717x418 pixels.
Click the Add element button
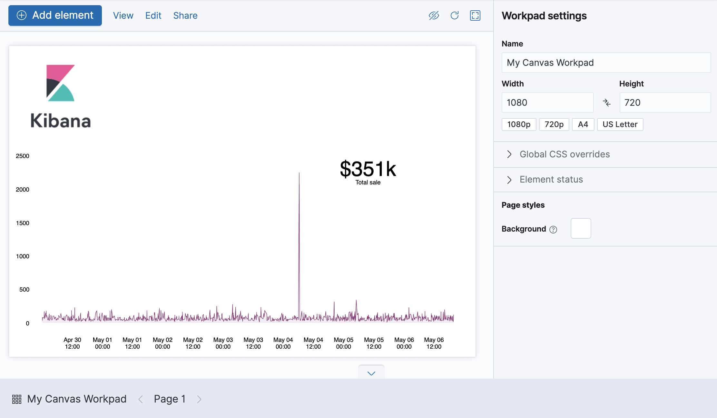click(x=55, y=15)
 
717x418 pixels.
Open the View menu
click(x=123, y=15)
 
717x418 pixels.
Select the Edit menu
click(x=153, y=15)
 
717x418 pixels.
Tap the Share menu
click(x=185, y=15)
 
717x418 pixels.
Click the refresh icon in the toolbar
click(x=455, y=15)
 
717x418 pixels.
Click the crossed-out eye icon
click(x=434, y=15)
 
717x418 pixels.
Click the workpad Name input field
click(x=606, y=63)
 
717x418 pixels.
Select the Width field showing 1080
click(x=547, y=103)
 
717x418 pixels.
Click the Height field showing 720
click(x=665, y=103)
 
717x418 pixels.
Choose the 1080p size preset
click(x=519, y=124)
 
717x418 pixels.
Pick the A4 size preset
click(x=583, y=124)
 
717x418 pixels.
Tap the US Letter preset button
click(x=620, y=124)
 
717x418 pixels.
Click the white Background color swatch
click(x=581, y=228)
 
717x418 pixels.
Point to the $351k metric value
click(x=368, y=169)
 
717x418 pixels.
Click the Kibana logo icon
click(x=61, y=83)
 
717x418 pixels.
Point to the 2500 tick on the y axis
click(x=23, y=156)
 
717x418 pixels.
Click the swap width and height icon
click(x=606, y=103)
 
